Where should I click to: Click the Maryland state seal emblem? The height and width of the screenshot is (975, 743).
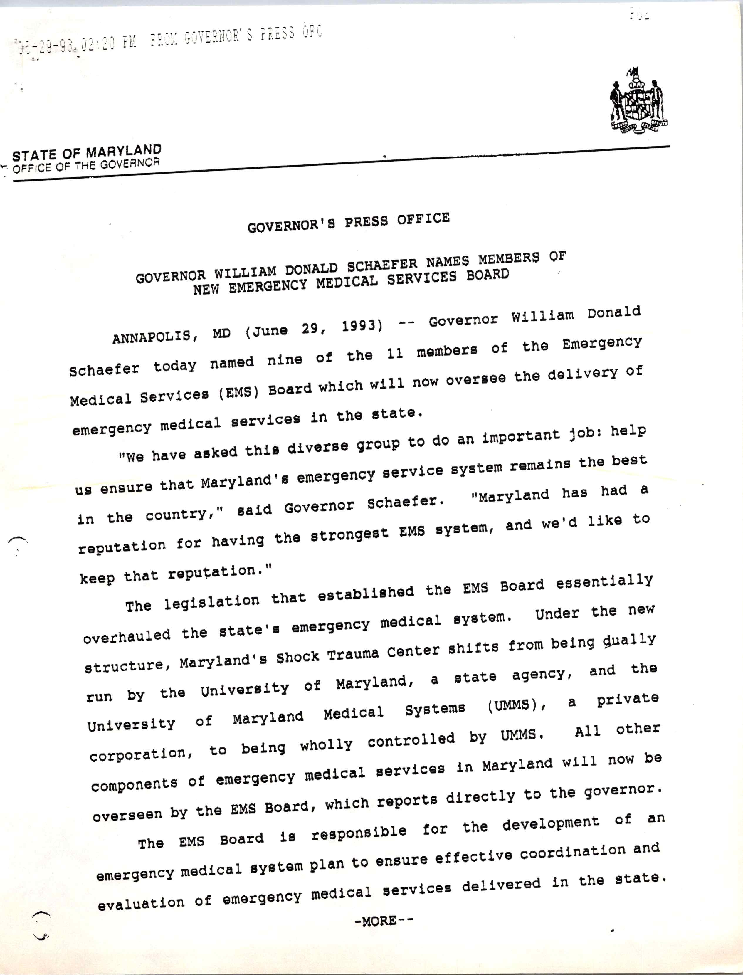tap(638, 100)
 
